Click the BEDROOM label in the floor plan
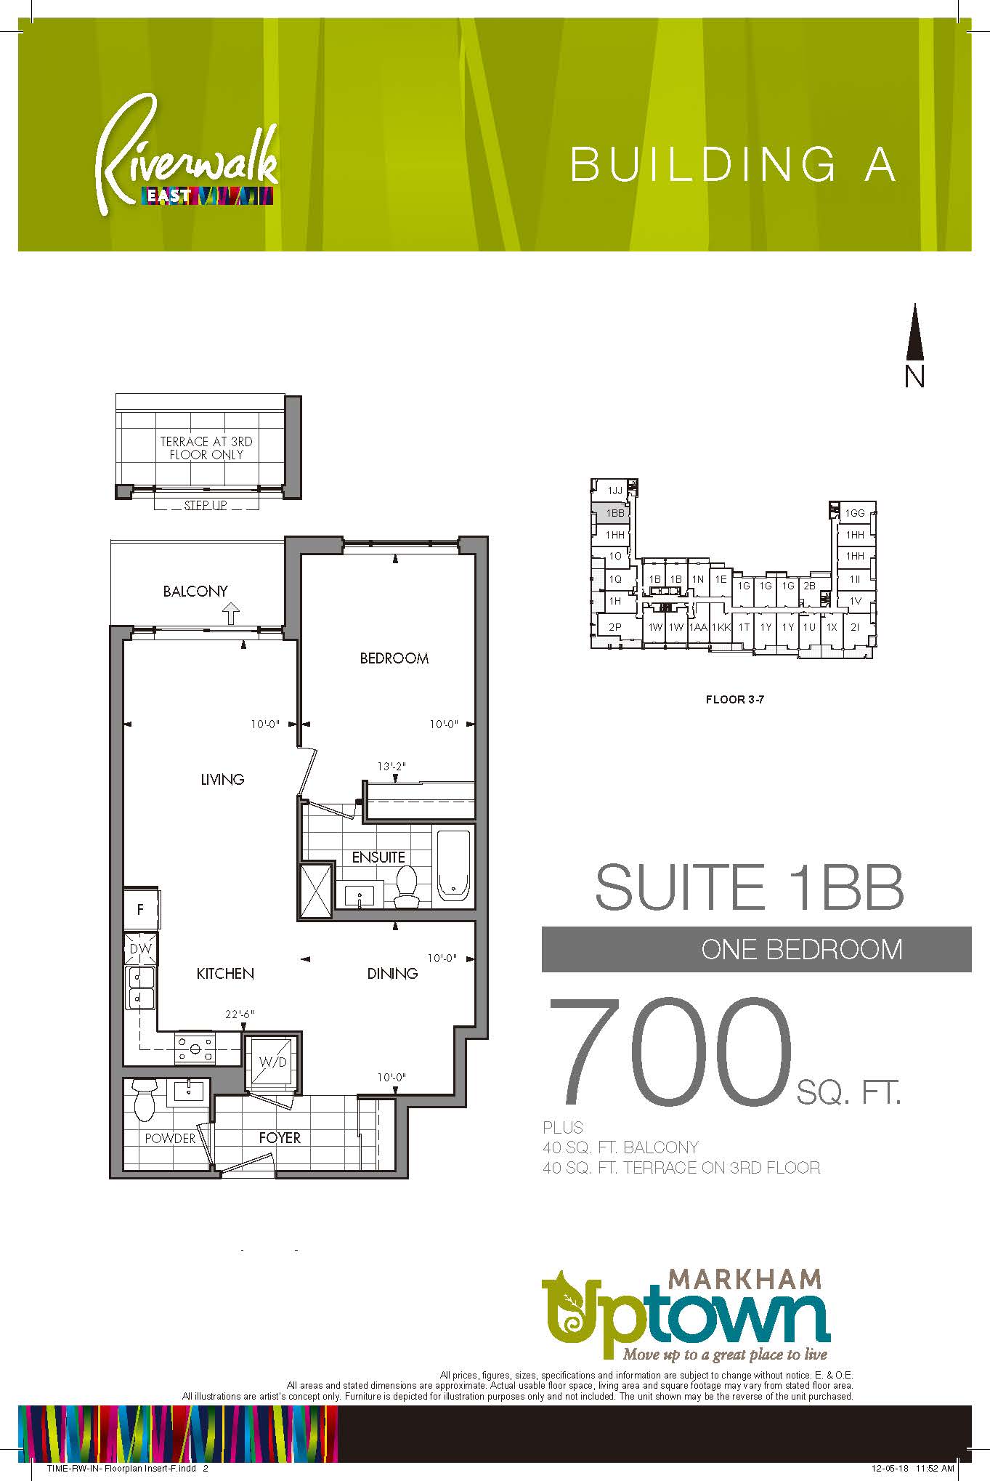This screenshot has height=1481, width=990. tap(394, 658)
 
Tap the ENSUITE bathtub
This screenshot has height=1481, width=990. tap(454, 865)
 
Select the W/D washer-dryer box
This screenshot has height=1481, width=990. tap(272, 1062)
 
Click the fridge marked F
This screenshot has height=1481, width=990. tap(141, 909)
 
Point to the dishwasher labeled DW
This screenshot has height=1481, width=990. tap(140, 948)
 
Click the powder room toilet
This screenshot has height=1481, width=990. tap(145, 1099)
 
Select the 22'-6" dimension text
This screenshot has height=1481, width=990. tap(239, 1014)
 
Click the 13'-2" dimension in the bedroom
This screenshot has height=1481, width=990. tap(391, 767)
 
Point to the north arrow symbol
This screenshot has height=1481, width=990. tap(914, 332)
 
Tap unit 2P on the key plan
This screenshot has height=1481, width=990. tap(614, 627)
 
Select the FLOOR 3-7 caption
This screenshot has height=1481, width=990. tap(734, 700)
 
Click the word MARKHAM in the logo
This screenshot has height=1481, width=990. tap(744, 1278)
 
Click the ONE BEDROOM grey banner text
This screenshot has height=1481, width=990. tap(801, 950)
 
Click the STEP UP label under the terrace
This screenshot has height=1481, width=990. tap(206, 505)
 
